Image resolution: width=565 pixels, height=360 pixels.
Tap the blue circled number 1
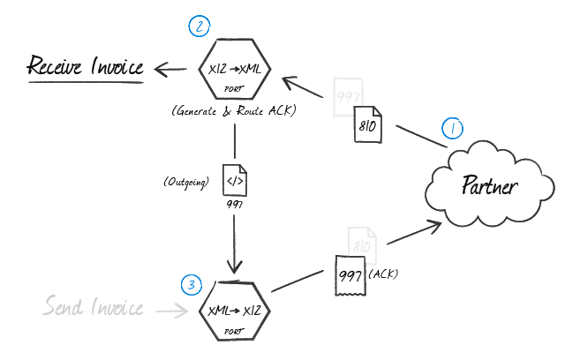point(452,129)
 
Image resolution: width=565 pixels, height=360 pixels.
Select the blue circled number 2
point(200,26)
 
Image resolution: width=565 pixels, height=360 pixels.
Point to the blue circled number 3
point(192,284)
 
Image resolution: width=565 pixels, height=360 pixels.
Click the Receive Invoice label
point(86,66)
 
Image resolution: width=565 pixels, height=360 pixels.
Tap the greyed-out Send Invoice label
point(93,308)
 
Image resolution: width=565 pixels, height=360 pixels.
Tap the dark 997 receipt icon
point(350,275)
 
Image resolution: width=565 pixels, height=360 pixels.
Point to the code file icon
point(234,181)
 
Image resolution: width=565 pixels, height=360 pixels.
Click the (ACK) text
point(382,274)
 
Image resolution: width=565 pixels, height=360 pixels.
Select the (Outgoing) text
point(185,182)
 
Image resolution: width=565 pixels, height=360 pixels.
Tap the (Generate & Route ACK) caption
point(234,112)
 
